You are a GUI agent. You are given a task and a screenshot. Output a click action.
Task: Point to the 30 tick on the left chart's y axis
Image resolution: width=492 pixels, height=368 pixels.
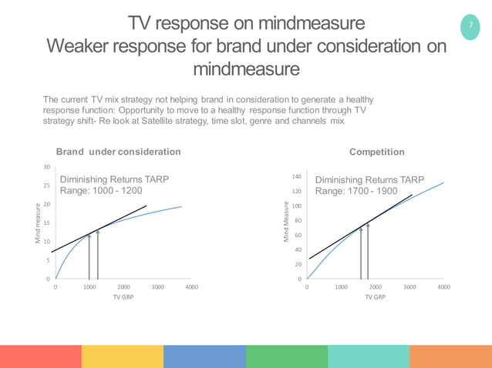click(46, 167)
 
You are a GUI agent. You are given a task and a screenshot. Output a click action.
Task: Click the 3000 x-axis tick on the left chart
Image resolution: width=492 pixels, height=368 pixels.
click(157, 286)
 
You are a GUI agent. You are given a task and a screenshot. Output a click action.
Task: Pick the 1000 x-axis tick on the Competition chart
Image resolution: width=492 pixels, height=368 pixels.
click(341, 286)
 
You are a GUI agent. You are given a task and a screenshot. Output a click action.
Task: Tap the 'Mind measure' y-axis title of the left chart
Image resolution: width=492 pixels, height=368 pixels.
click(36, 224)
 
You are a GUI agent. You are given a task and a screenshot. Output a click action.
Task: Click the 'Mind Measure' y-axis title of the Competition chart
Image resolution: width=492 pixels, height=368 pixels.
click(287, 224)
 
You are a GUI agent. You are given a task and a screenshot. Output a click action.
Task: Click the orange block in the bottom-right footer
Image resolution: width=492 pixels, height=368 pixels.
click(450, 356)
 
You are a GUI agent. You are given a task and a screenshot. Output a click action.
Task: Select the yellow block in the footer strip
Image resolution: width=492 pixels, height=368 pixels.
click(123, 356)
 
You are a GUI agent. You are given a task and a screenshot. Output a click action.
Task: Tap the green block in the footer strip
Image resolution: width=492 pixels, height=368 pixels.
click(287, 356)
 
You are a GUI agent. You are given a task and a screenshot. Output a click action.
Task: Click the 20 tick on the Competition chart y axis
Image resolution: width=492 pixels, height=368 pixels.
click(298, 264)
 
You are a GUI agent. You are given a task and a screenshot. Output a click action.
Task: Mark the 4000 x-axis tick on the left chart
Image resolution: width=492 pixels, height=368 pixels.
click(192, 286)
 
